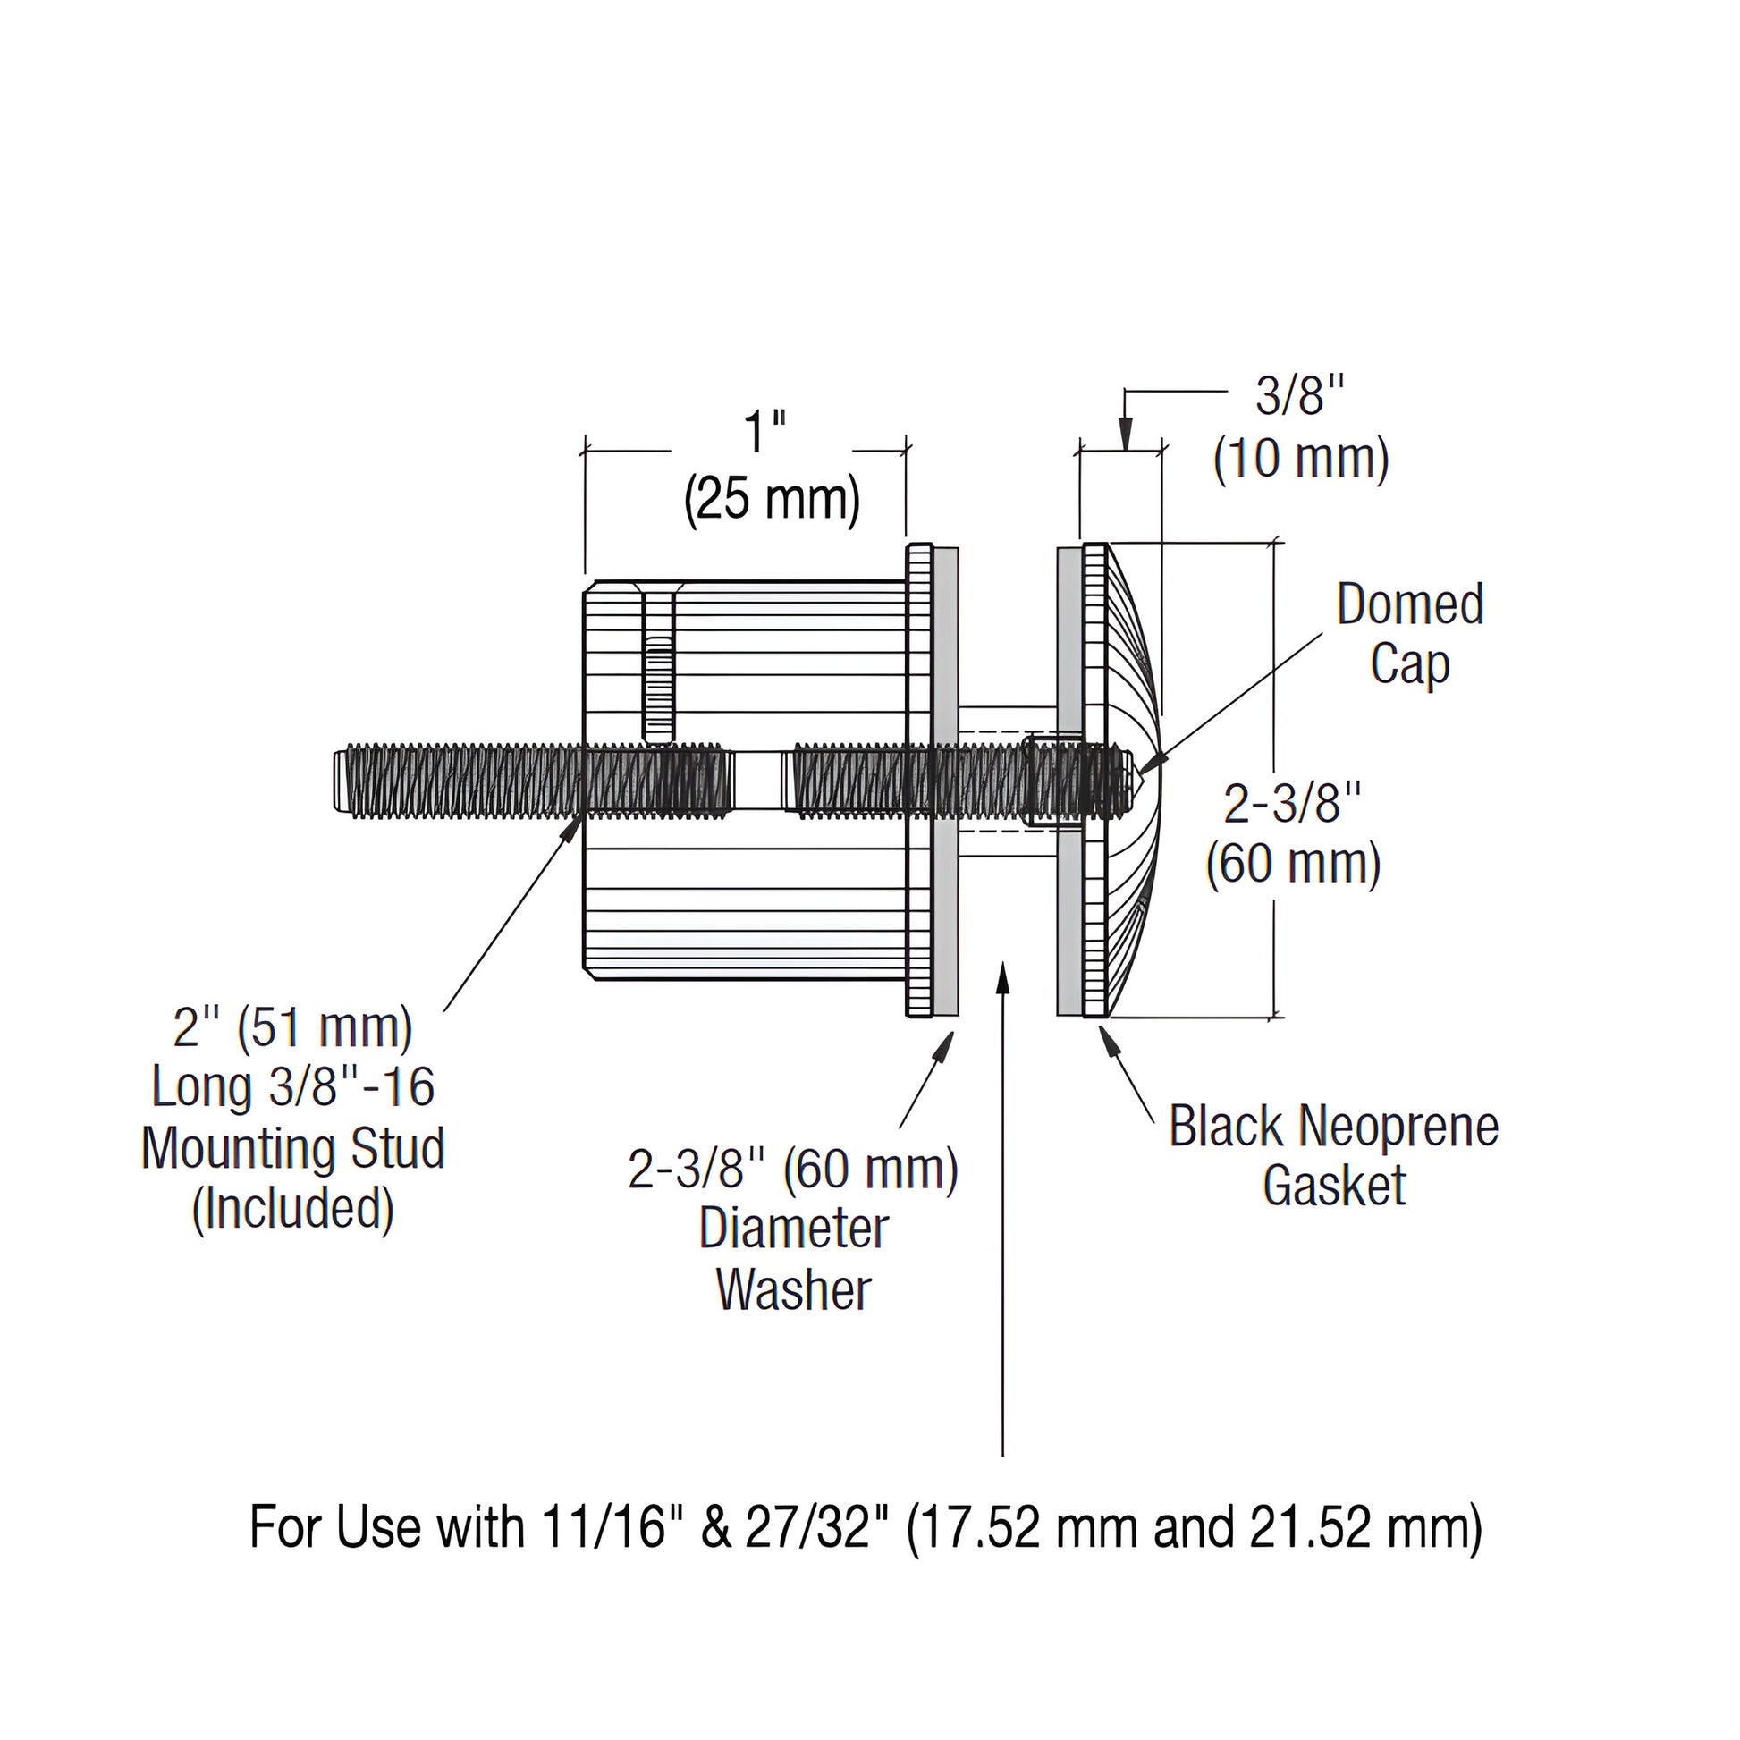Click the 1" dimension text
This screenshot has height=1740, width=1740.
pos(764,433)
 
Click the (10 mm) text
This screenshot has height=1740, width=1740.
pos(1300,459)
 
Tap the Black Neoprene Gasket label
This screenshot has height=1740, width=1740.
pos(1334,1155)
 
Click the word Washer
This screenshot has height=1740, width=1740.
pos(793,1289)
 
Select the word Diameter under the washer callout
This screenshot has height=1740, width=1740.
pos(793,1229)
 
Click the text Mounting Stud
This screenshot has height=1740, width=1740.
pos(293,1148)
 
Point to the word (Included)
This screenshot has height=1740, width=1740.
pos(293,1209)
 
